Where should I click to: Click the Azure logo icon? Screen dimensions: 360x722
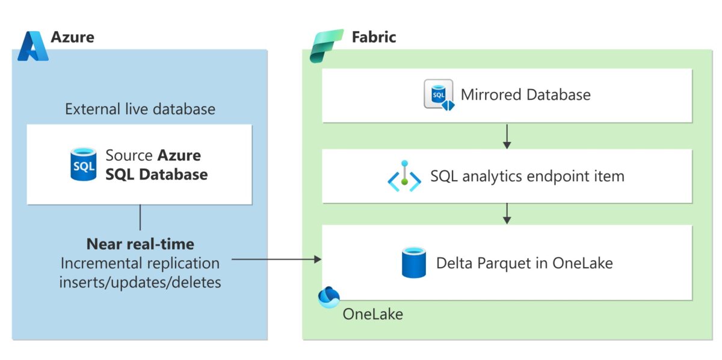(32, 46)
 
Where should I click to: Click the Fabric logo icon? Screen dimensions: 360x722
(326, 45)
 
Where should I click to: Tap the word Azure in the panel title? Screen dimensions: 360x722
(72, 37)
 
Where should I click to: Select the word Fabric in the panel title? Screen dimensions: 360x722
(374, 37)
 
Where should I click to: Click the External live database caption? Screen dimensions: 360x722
(140, 110)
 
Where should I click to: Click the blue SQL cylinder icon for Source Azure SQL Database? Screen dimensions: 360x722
(83, 164)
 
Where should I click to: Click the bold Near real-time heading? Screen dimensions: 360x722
(140, 244)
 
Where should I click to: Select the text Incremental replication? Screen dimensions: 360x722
(140, 263)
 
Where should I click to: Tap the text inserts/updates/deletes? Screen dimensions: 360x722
(140, 282)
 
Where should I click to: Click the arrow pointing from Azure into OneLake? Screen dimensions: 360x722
(277, 259)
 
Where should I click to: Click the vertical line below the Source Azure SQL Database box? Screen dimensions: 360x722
(140, 217)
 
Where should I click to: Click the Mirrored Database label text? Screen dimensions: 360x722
(525, 95)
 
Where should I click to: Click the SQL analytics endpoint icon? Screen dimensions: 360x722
(404, 176)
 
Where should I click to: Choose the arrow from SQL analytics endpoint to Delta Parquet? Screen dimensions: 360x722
(507, 213)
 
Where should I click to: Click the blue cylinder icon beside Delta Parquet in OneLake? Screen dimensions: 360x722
(413, 263)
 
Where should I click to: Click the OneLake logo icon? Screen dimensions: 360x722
(329, 297)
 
